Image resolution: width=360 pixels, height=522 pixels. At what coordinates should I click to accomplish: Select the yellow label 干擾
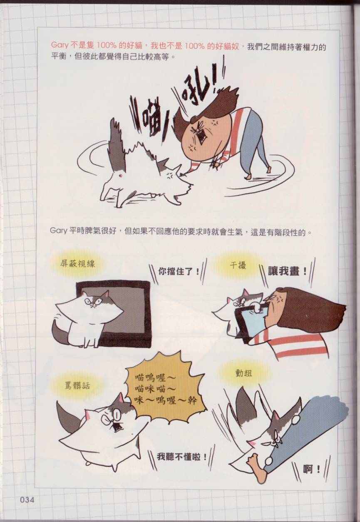[238, 265]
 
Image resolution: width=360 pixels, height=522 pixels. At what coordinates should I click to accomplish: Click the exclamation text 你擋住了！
[179, 272]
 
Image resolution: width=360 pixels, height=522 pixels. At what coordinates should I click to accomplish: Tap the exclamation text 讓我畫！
[287, 272]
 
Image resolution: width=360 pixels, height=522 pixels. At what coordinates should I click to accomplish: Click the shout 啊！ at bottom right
[311, 470]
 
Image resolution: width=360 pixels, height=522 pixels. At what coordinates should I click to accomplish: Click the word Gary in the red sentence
[60, 46]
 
